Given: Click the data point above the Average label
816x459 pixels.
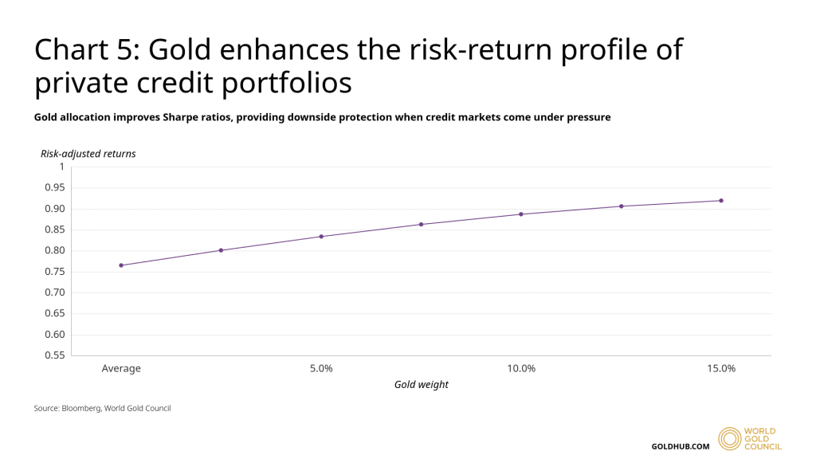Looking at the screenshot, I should click(x=121, y=265).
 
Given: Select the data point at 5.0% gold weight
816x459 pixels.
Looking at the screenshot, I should click(x=321, y=237).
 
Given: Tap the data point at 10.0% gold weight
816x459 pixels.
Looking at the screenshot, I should click(x=521, y=214).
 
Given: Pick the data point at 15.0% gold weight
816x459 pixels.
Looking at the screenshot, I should click(x=721, y=201).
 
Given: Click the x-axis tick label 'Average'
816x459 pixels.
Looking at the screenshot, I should click(x=121, y=368).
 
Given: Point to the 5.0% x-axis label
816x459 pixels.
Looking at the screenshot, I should click(x=321, y=368).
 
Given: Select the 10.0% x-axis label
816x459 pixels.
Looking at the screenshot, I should click(x=521, y=368).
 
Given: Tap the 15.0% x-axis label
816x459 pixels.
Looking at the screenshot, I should click(x=721, y=368).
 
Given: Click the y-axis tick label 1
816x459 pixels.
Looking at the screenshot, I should click(x=61, y=167).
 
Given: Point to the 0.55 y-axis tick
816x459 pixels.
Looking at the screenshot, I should click(x=55, y=355).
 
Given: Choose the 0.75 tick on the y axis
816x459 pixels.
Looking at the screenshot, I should click(x=55, y=271).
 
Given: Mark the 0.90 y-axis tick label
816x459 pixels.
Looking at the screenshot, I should click(x=55, y=209).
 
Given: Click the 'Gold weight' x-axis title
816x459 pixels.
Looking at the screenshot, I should click(x=422, y=385).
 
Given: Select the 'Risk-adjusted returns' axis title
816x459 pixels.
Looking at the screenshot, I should click(x=88, y=154).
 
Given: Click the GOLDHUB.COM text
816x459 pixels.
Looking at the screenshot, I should click(x=680, y=446).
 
